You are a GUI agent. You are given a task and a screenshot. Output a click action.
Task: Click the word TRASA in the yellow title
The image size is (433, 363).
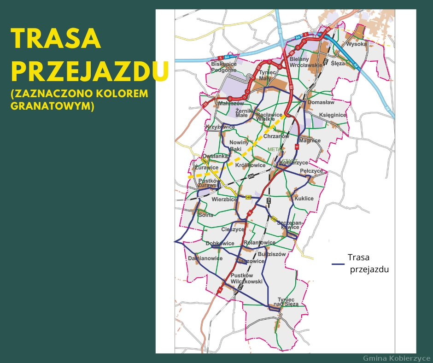click(x=55, y=39)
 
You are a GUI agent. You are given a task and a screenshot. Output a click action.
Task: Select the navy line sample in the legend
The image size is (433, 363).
click(x=338, y=264)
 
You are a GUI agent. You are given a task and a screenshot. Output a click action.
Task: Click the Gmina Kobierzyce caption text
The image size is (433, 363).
click(x=396, y=358)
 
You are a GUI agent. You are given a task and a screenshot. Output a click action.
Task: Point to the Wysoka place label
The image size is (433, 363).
click(x=356, y=44)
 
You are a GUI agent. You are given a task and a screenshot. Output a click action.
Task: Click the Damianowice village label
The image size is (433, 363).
click(x=205, y=258)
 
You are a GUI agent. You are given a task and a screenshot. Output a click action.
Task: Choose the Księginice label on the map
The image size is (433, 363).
click(x=332, y=115)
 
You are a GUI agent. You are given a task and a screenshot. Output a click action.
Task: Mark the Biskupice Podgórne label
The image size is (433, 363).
click(x=224, y=67)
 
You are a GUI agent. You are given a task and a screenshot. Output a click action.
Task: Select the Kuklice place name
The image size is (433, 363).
click(x=304, y=199)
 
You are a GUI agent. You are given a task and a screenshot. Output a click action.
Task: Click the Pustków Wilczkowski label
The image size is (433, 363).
click(x=246, y=278)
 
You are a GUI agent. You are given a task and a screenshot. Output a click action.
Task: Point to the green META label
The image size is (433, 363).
click(x=274, y=150)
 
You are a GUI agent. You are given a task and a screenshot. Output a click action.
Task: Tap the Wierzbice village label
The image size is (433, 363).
click(x=224, y=199)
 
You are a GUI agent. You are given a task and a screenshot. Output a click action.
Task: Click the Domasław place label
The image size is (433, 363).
click(x=321, y=102)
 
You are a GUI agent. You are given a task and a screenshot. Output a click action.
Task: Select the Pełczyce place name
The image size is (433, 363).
click(x=311, y=171)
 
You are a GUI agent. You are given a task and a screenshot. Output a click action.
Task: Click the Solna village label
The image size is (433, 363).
click(x=205, y=215)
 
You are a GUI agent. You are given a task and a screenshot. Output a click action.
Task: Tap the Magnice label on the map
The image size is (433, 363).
click(x=309, y=141)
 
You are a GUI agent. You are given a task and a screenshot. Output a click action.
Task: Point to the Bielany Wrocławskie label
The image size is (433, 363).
click(x=306, y=62)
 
